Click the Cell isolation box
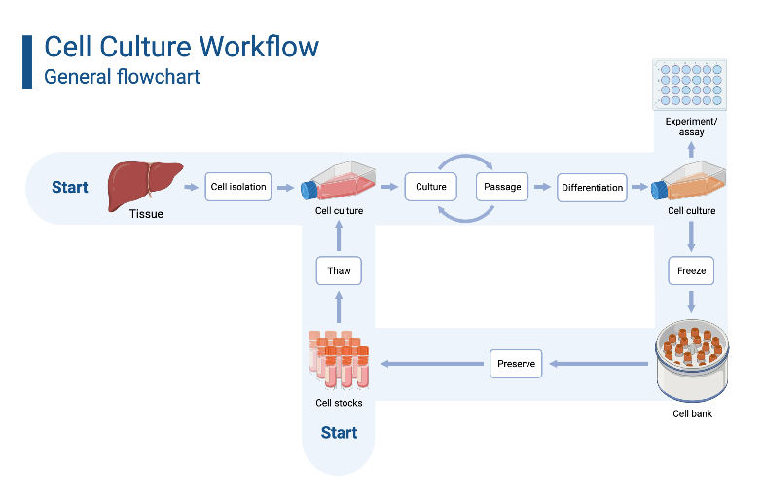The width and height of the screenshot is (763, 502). (238, 187)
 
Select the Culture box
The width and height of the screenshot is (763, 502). (431, 187)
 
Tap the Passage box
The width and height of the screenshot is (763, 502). (502, 187)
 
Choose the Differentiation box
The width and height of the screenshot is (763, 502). (592, 187)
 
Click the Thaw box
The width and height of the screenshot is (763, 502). (339, 270)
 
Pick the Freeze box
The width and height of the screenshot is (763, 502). (691, 269)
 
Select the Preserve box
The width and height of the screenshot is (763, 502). (516, 364)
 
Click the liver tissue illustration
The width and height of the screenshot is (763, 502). (145, 181)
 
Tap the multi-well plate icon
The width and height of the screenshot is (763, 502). (691, 85)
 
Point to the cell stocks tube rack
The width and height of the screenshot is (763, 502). (339, 360)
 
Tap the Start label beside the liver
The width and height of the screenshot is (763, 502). (70, 187)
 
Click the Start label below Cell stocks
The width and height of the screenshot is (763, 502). (339, 432)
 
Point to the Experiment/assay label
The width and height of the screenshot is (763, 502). (691, 126)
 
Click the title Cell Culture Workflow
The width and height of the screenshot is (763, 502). (182, 46)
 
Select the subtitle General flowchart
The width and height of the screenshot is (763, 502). (123, 76)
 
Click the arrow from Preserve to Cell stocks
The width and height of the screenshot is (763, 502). (434, 364)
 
